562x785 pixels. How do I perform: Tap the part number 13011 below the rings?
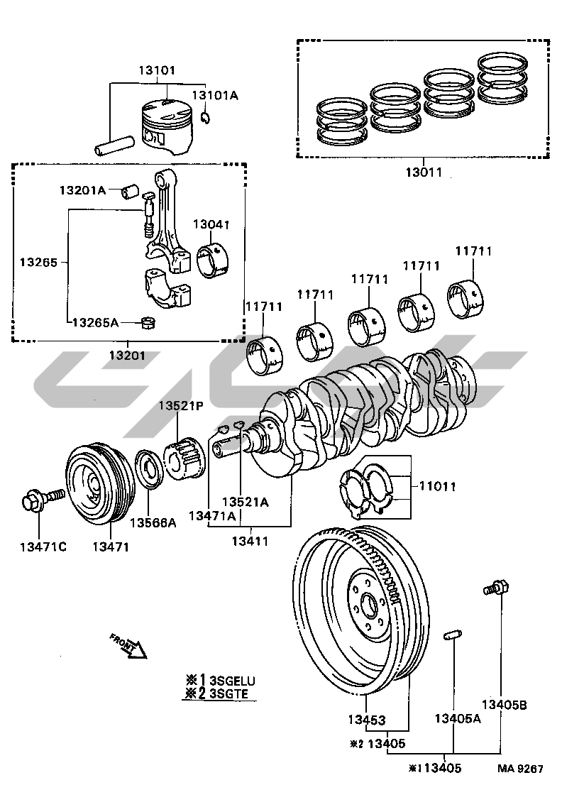(424, 172)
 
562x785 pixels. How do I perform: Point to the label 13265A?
(95, 322)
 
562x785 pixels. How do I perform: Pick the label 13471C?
(43, 546)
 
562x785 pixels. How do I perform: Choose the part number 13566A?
(153, 523)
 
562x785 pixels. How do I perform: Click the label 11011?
(437, 486)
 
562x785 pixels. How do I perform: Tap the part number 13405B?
(504, 705)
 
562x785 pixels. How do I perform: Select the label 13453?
(367, 720)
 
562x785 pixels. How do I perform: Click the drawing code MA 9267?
(520, 769)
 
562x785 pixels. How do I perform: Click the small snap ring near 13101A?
(204, 117)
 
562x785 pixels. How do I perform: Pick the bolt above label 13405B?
(495, 588)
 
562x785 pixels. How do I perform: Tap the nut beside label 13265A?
(149, 324)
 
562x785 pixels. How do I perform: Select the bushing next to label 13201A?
(128, 192)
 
